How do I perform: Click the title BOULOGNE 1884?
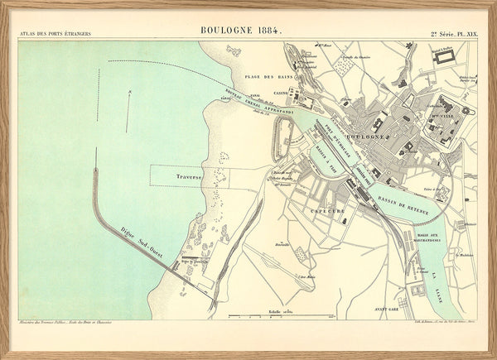click(241, 31)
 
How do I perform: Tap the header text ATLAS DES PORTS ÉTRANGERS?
click(56, 34)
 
